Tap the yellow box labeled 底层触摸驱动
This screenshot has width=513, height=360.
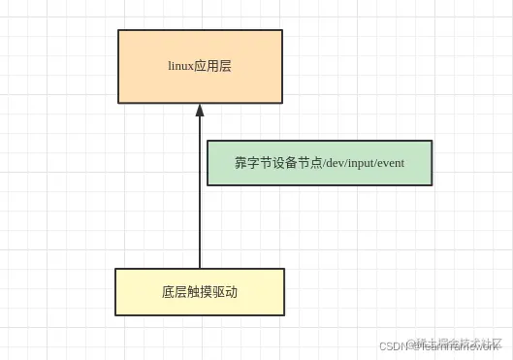click(200, 291)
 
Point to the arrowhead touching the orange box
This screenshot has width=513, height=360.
click(200, 110)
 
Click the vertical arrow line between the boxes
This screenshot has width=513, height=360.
click(200, 194)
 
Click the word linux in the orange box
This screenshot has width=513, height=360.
click(181, 66)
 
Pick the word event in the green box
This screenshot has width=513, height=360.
click(388, 163)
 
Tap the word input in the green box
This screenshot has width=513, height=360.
click(353, 163)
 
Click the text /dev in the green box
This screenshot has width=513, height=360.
click(325, 163)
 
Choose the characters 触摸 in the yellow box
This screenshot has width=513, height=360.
click(200, 292)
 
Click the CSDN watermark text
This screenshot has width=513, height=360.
click(394, 345)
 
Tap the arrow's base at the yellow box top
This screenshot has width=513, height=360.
click(200, 267)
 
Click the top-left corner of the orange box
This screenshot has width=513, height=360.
click(118, 30)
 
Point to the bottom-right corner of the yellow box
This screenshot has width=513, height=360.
click(284, 314)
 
